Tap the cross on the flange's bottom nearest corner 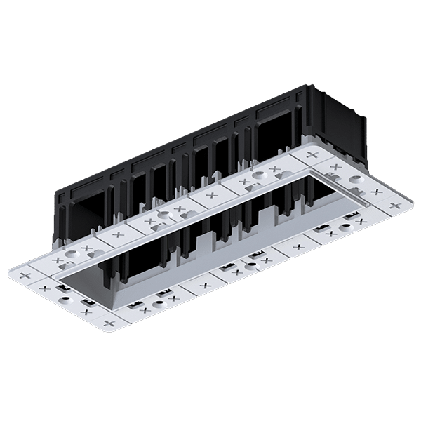(x=109, y=323)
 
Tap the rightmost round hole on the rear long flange (x=258, y=174)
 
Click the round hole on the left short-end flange (x=65, y=299)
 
